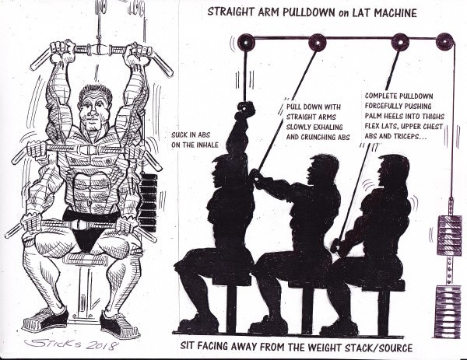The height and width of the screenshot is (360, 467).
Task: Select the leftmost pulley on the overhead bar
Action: click(245, 43)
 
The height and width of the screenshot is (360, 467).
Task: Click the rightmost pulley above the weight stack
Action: click(444, 41)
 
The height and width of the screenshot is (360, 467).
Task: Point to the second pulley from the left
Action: click(318, 43)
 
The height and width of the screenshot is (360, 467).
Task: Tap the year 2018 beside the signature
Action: click(100, 345)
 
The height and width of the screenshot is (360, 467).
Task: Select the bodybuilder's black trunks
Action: click(86, 229)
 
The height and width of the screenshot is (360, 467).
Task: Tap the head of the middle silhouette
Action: click(323, 169)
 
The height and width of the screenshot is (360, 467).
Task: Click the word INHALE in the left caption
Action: click(207, 145)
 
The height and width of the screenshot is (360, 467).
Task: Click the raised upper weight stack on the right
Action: click(449, 236)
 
